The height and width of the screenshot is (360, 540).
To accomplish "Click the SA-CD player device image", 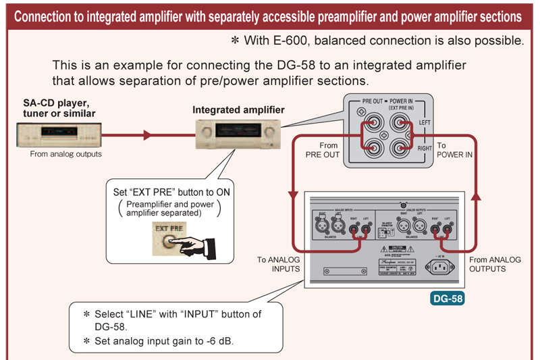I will (57, 136).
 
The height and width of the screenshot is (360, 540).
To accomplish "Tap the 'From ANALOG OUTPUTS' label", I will (496, 264).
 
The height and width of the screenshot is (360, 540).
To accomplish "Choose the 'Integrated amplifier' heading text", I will (238, 109).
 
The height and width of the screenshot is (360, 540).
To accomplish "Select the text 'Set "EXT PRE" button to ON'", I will (172, 192).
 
